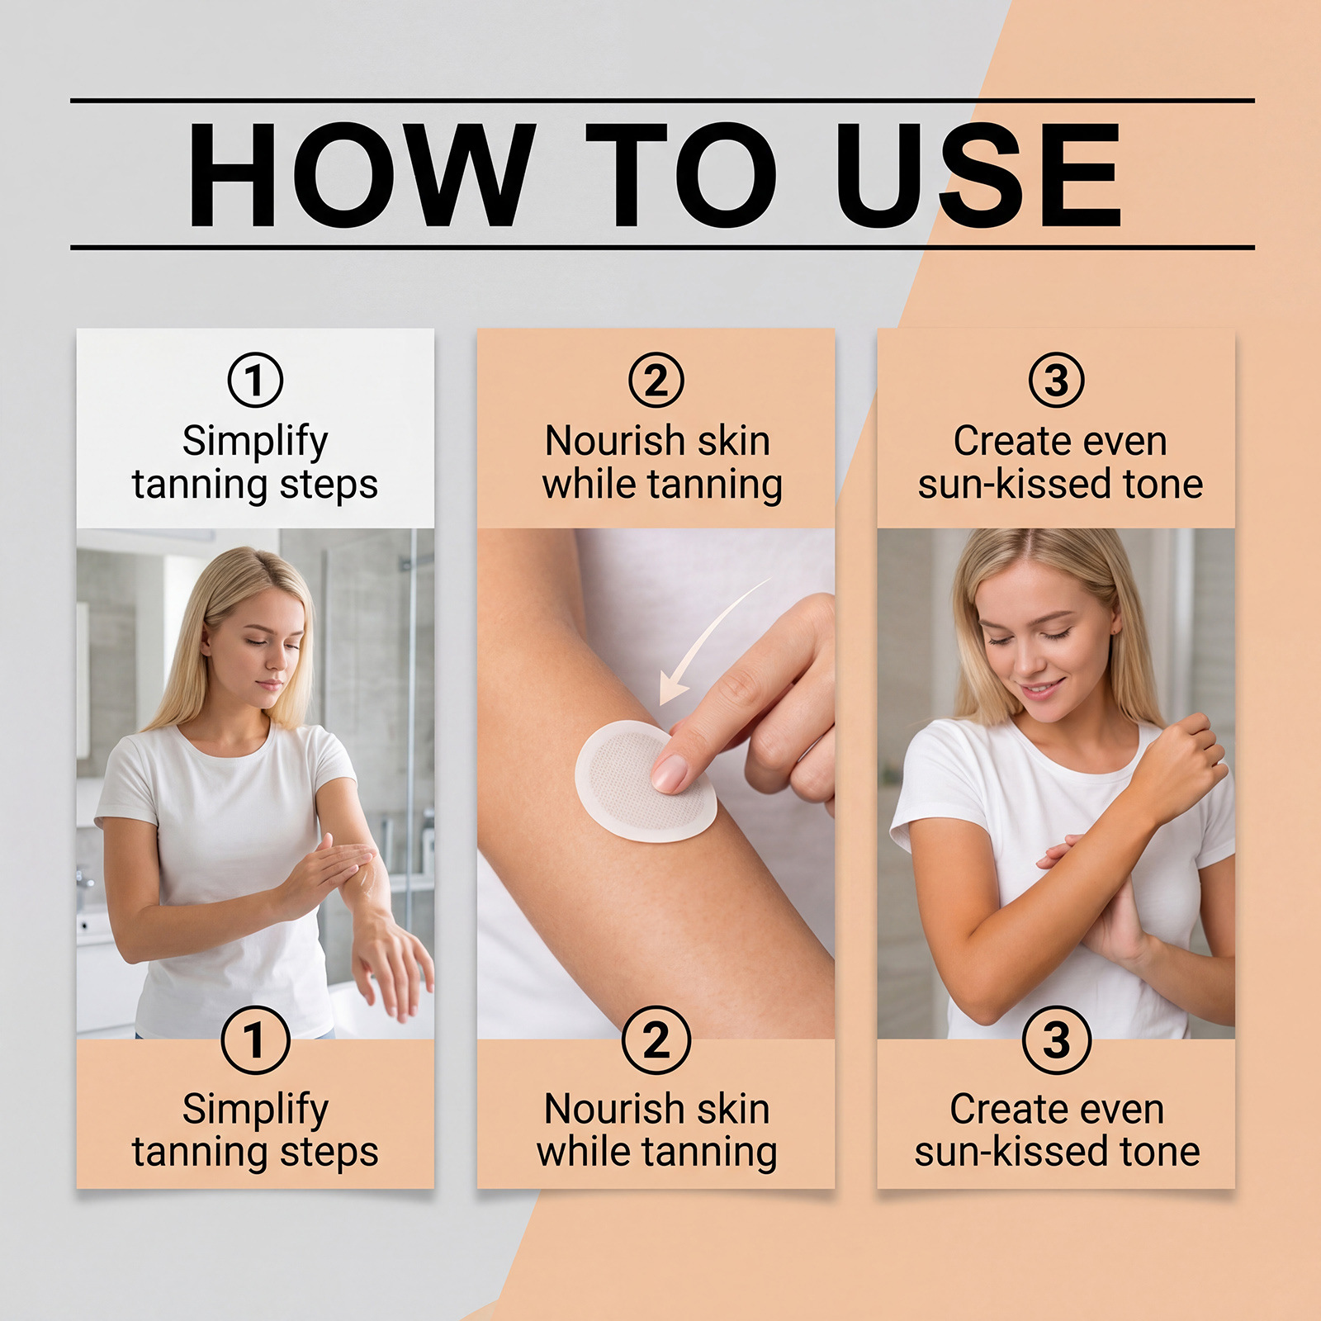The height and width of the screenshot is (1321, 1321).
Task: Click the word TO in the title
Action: [x=681, y=174]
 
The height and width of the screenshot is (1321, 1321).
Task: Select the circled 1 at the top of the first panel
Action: [x=255, y=380]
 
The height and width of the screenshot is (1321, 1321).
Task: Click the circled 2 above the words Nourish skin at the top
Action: [x=656, y=380]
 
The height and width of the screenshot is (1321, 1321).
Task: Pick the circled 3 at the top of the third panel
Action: [x=1056, y=380]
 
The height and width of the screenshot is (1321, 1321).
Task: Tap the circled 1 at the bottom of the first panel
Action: [x=255, y=1039]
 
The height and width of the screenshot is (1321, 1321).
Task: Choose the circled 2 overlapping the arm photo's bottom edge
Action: [x=656, y=1039]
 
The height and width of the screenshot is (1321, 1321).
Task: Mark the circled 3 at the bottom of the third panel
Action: [x=1056, y=1039]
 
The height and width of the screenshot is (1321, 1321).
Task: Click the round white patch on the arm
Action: [x=645, y=781]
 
